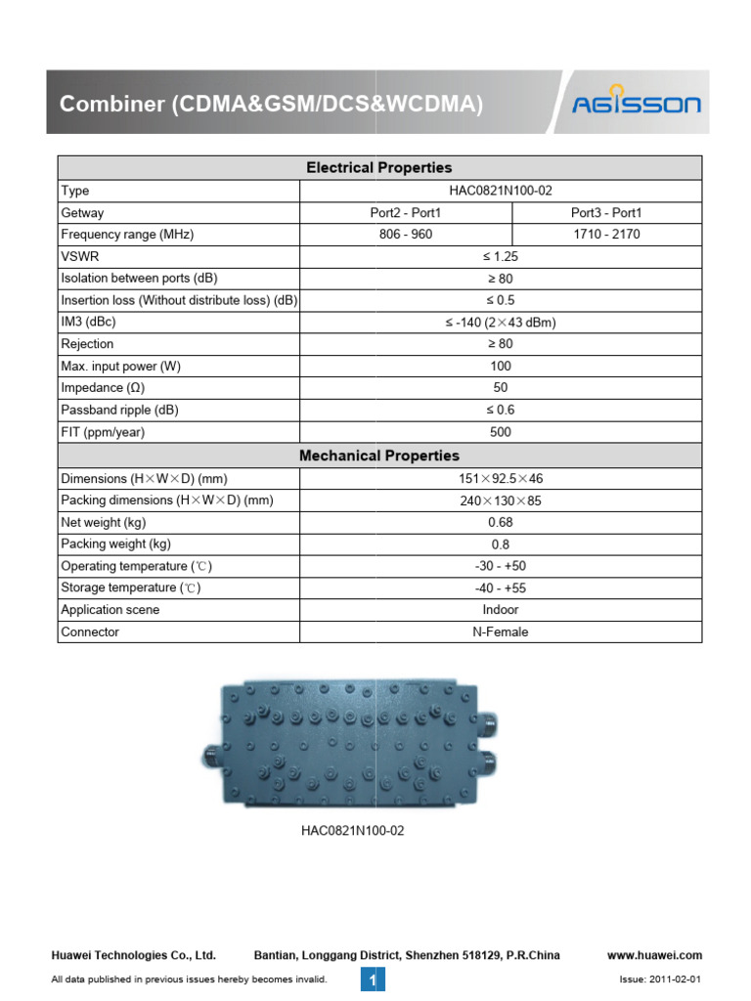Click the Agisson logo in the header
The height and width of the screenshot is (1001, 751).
636,101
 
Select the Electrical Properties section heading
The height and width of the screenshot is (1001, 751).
379,168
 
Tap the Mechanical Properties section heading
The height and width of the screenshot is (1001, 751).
379,456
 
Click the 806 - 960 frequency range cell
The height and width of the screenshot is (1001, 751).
405,235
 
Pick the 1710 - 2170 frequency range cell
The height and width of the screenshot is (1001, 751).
606,235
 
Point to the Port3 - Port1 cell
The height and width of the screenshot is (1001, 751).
606,213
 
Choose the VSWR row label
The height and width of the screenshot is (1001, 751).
78,257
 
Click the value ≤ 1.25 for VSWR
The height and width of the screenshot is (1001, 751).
500,257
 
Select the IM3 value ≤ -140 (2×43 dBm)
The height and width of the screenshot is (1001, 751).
500,323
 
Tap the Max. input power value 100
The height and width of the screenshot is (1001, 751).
500,367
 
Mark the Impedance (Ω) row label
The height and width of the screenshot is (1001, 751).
103,388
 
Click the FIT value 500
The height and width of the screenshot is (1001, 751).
500,432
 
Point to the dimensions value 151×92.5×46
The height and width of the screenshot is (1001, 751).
500,479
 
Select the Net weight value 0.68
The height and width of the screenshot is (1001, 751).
500,523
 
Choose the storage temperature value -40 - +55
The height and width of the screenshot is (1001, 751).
500,588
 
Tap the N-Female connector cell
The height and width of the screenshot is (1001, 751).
500,632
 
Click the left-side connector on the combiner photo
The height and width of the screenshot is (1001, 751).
212,754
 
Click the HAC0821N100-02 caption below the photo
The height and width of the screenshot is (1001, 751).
352,832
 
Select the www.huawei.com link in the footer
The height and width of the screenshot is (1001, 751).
654,955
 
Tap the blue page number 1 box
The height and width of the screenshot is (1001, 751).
373,979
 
